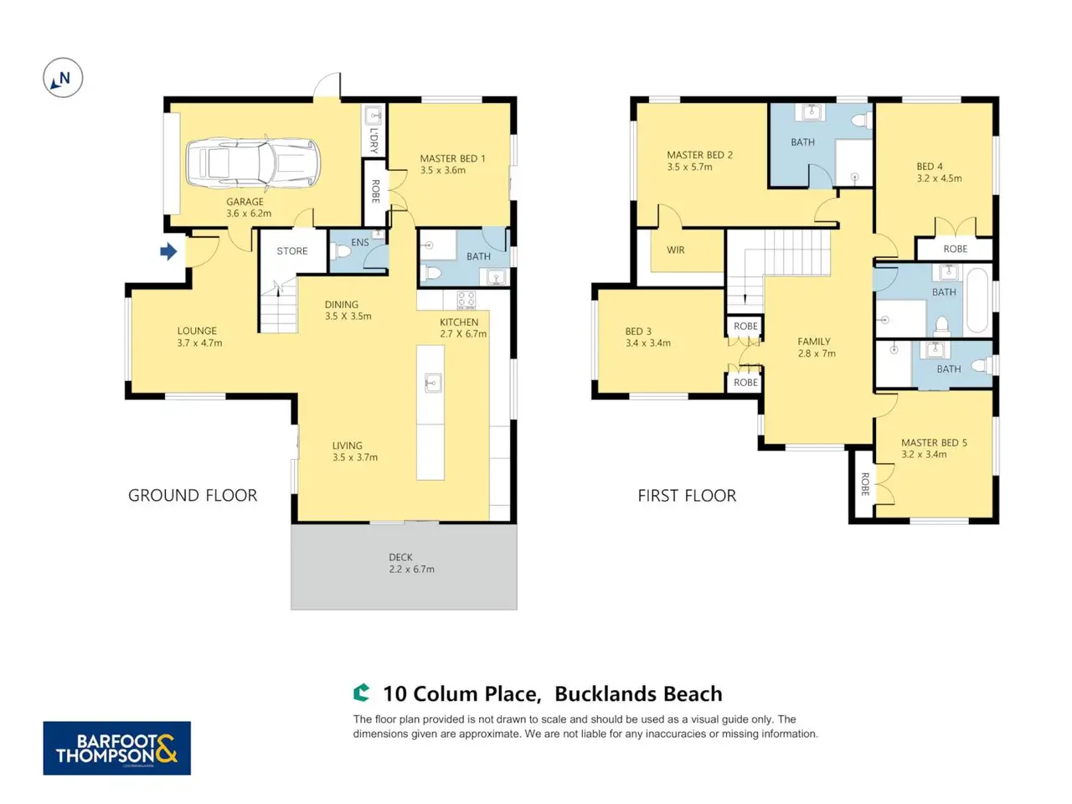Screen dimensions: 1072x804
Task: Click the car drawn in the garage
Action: pyautogui.click(x=254, y=162)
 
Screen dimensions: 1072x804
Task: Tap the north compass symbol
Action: pyautogui.click(x=63, y=78)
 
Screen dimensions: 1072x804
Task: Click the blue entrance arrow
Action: pyautogui.click(x=168, y=251)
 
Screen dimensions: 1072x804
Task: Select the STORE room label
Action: pyautogui.click(x=292, y=251)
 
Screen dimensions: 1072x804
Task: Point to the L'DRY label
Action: pyautogui.click(x=374, y=141)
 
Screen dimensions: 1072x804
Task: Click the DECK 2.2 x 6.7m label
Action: pyautogui.click(x=411, y=563)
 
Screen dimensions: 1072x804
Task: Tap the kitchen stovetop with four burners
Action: pyautogui.click(x=466, y=300)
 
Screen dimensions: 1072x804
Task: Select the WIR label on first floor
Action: pyautogui.click(x=675, y=250)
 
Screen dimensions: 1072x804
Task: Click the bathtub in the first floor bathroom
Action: pyautogui.click(x=977, y=300)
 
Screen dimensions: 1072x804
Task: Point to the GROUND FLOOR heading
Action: pyautogui.click(x=193, y=496)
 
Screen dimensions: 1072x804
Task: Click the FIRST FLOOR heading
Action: pyautogui.click(x=687, y=496)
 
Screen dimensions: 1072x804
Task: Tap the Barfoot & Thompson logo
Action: pyautogui.click(x=116, y=748)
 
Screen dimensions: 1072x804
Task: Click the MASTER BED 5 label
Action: pyautogui.click(x=934, y=443)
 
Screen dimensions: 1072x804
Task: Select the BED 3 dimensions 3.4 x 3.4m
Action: pyautogui.click(x=648, y=343)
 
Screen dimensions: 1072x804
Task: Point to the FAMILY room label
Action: pyautogui.click(x=814, y=342)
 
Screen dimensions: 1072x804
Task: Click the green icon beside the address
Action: pyautogui.click(x=362, y=693)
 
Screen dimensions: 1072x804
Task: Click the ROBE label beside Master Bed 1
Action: pyautogui.click(x=375, y=191)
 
